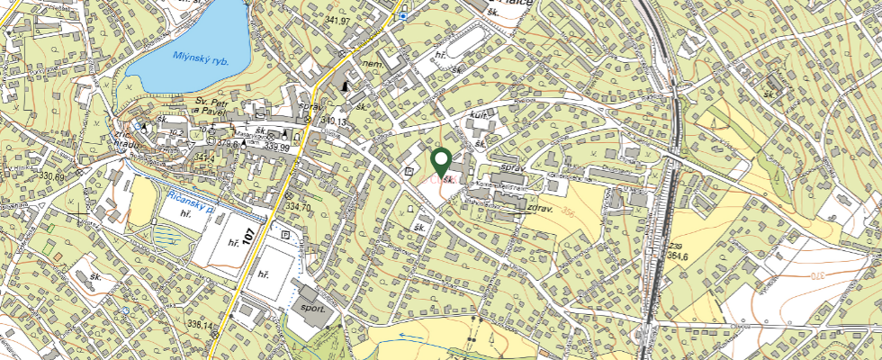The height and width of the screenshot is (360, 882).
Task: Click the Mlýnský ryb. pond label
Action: (189, 60)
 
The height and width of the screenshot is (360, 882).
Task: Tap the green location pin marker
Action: (441, 162)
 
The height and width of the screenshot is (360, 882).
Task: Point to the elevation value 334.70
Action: (297, 208)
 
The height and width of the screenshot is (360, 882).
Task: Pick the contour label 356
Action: (567, 213)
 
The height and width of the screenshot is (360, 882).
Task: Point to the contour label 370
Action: (816, 274)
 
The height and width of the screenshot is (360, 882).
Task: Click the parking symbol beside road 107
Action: (285, 234)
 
